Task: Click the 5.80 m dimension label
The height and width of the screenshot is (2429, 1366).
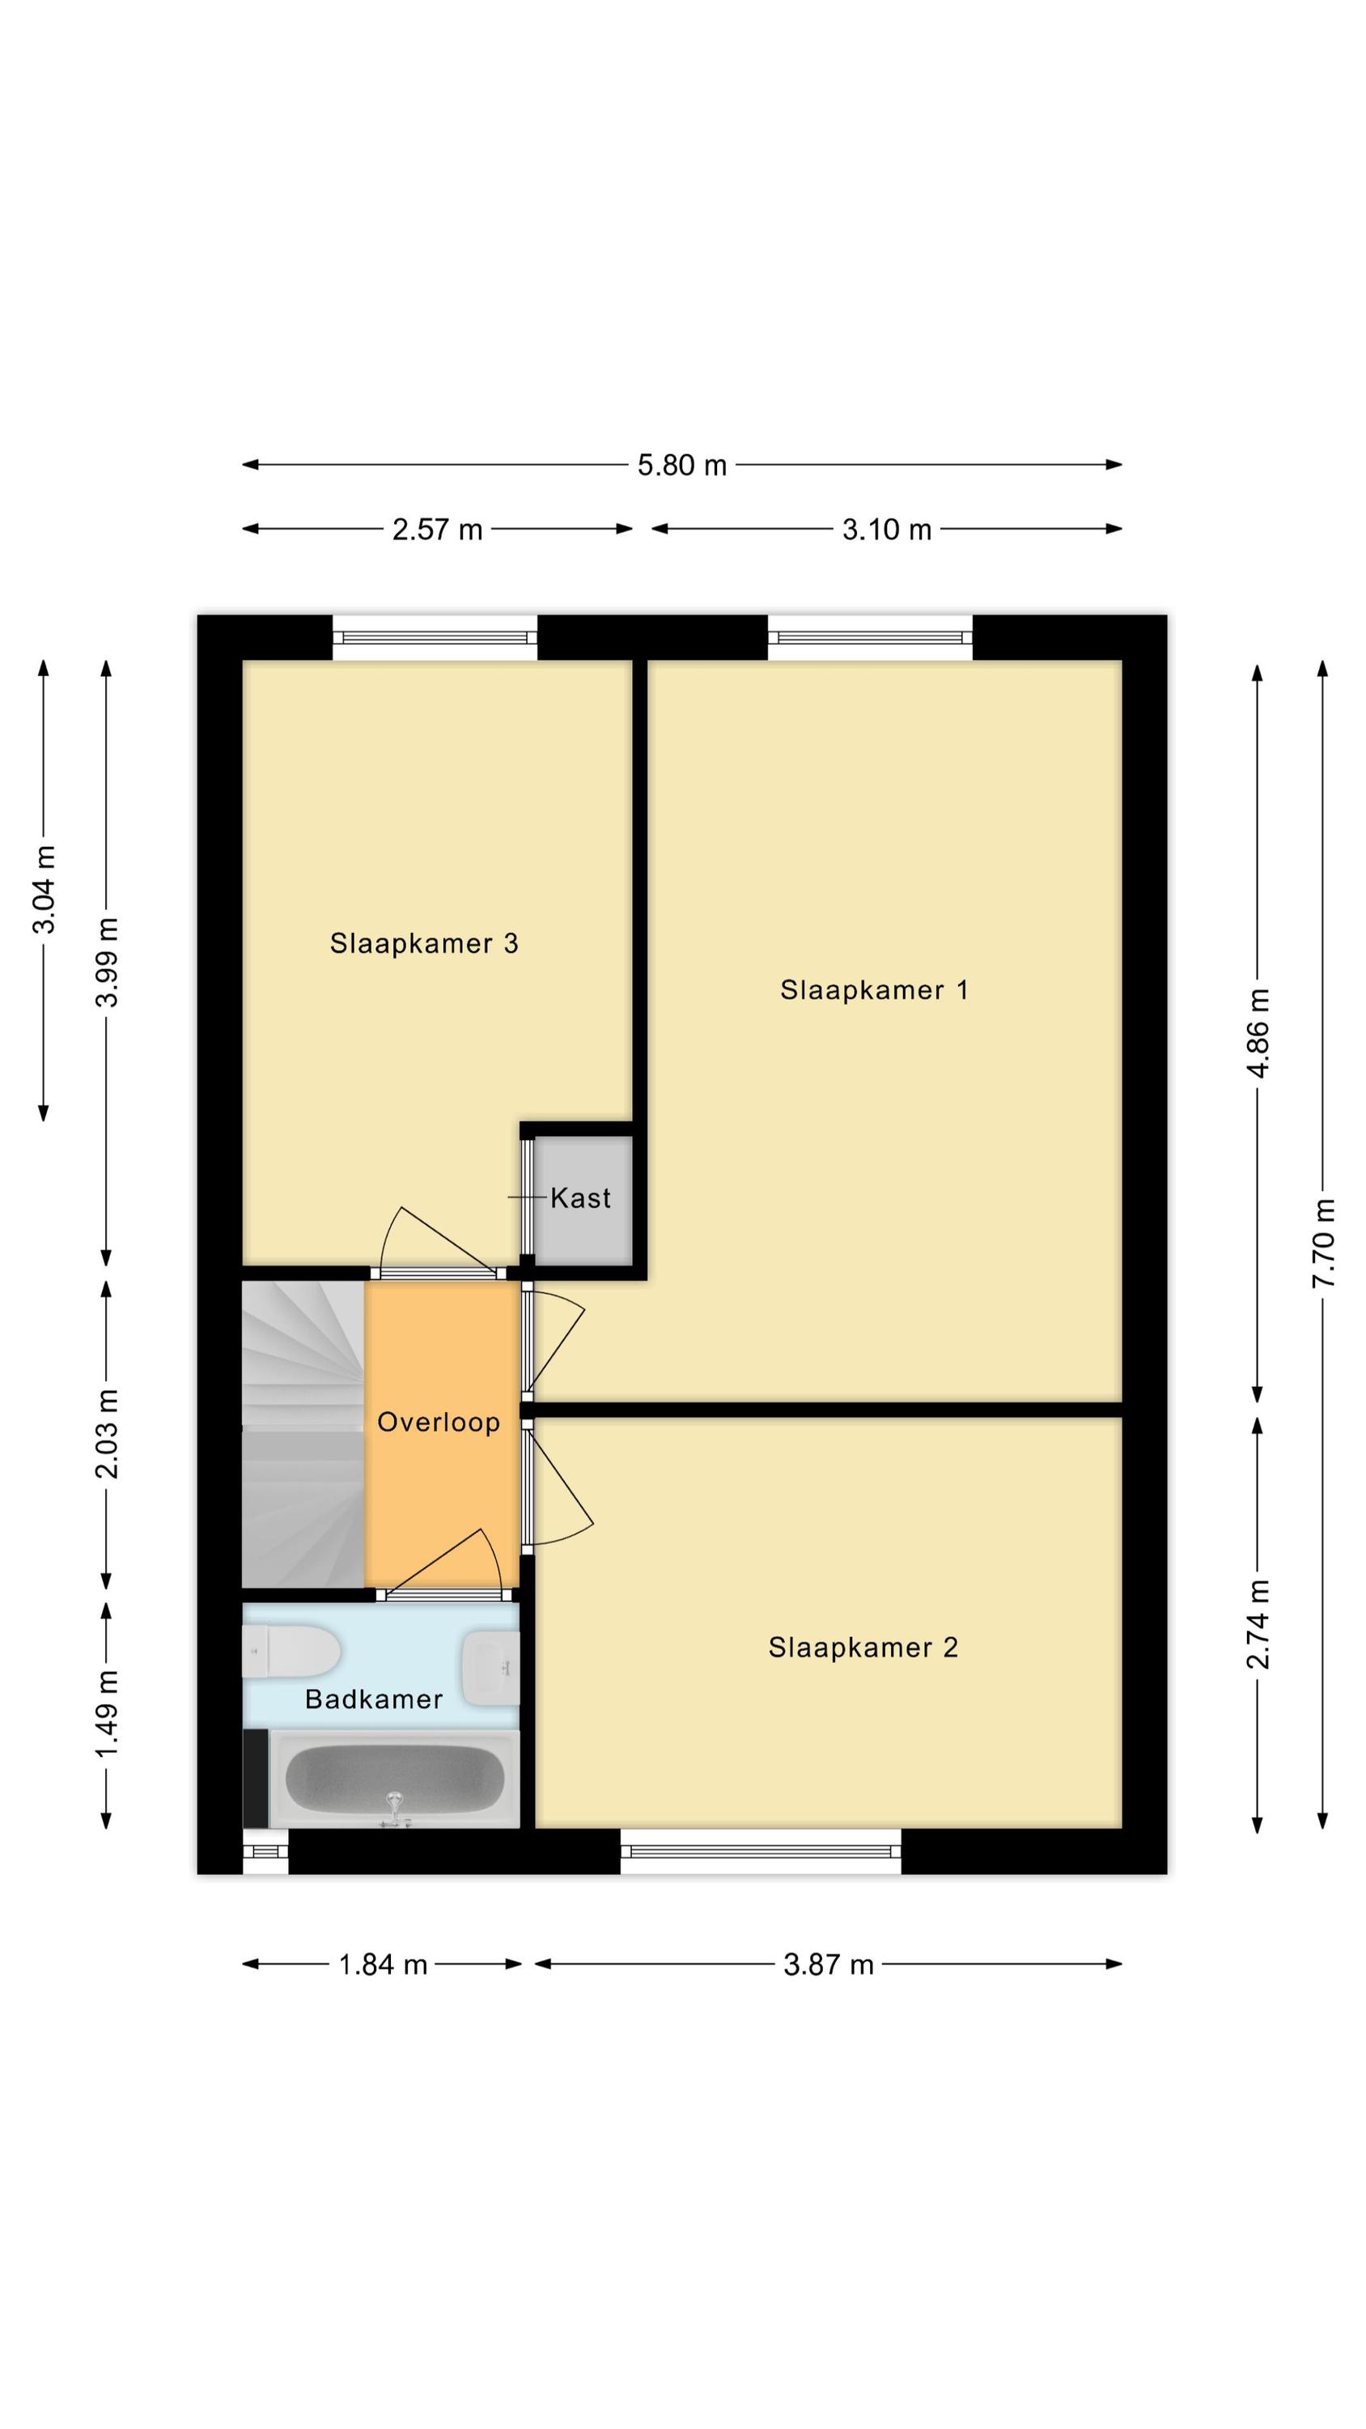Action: coord(681,466)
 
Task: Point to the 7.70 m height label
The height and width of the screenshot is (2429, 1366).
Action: coord(1325,1243)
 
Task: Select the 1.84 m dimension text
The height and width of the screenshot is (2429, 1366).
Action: coord(383,1965)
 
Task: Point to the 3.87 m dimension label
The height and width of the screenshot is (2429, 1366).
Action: coord(829,1965)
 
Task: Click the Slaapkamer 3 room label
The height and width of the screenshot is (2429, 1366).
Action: coord(424,944)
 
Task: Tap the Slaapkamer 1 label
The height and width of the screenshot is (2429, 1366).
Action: coord(874,990)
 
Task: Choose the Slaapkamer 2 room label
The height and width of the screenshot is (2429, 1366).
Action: coord(863,1648)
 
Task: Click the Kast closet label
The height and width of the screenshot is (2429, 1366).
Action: coord(581,1198)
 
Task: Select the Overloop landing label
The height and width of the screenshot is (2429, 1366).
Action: coord(439,1422)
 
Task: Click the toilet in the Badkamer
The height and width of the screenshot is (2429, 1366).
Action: coord(291,1652)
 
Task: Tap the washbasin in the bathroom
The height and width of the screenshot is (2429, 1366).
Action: coord(490,1667)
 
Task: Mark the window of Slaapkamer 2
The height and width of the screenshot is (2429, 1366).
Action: coord(760,1851)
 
